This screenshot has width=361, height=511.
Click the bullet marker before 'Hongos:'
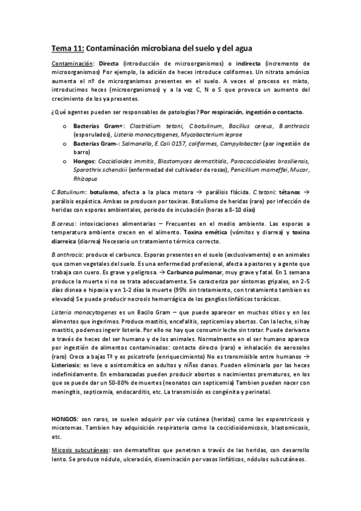coord(65,161)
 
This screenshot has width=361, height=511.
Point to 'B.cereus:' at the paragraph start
coord(65,224)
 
